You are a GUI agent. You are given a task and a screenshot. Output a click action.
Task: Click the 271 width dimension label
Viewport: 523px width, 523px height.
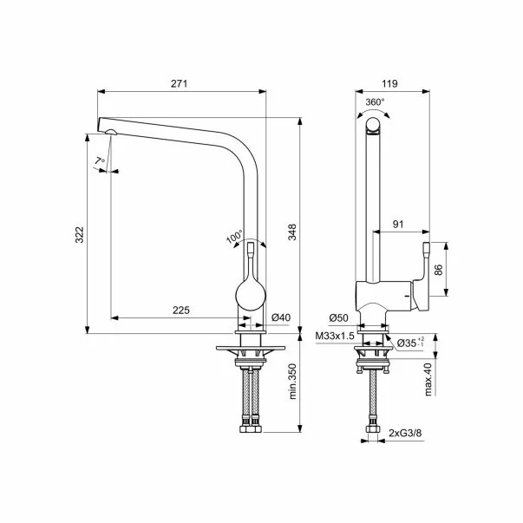coord(180,83)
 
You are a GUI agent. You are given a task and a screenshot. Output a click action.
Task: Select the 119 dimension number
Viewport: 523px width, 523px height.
coord(389,83)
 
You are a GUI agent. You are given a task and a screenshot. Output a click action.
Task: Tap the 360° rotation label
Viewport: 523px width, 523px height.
coord(375,101)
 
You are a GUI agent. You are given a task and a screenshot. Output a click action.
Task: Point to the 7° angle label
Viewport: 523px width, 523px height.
coord(100,161)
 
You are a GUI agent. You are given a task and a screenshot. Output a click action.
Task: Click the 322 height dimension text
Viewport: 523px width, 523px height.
coord(80,234)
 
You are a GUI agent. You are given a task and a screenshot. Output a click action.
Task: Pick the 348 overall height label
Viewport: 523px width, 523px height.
coord(292,232)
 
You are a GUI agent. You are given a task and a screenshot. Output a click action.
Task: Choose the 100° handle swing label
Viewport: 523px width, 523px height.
coord(235,237)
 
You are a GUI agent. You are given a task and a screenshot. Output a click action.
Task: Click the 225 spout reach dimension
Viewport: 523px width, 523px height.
coord(181,311)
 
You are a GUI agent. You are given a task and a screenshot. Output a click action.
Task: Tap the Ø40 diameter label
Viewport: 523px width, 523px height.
coord(281,317)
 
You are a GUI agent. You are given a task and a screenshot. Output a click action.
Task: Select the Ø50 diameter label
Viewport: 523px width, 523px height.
coord(338,317)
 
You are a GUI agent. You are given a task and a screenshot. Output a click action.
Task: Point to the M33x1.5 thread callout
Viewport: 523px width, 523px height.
coord(335,336)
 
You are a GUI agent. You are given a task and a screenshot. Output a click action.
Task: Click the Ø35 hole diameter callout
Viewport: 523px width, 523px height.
coord(410,343)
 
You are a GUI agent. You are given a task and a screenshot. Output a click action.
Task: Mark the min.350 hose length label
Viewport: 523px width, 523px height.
coord(292,382)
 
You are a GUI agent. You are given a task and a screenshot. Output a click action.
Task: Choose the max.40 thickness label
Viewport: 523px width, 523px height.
coord(428,379)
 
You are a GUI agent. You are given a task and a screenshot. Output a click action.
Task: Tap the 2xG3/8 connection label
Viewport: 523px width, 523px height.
coord(405,433)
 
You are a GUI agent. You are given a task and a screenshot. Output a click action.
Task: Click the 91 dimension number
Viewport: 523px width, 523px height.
coord(398,224)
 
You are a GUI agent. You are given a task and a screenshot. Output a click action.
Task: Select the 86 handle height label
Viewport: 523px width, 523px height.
coord(439,270)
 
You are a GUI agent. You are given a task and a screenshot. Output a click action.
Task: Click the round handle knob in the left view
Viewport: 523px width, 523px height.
coord(251,296)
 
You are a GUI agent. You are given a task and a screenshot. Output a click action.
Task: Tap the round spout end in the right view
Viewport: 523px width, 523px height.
coord(373,126)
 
